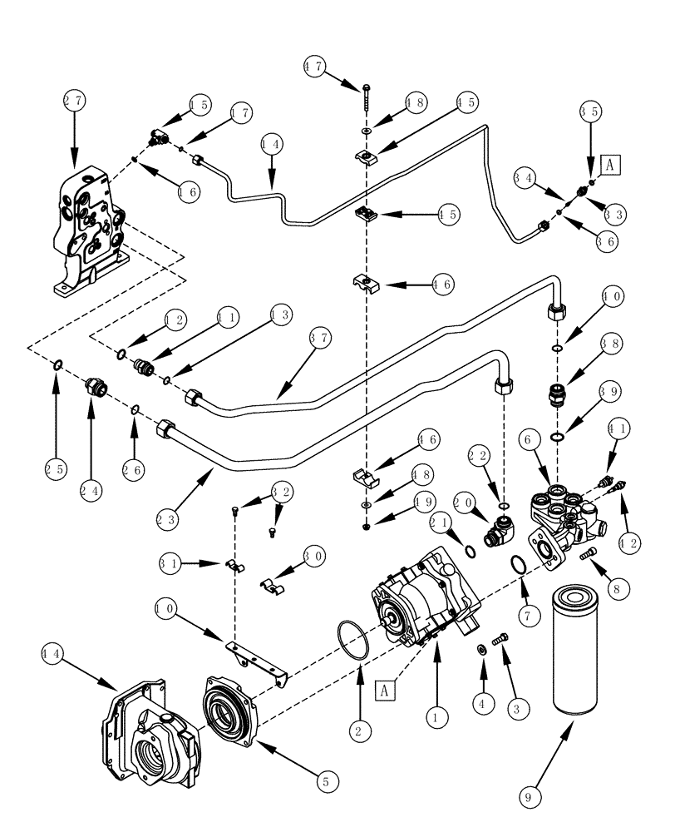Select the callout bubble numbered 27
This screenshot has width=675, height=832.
(x=74, y=102)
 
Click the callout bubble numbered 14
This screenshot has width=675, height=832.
(x=272, y=143)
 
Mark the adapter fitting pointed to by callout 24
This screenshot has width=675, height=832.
(x=95, y=387)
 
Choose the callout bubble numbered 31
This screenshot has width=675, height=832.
(x=170, y=563)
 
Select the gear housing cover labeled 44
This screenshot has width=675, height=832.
(x=150, y=732)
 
